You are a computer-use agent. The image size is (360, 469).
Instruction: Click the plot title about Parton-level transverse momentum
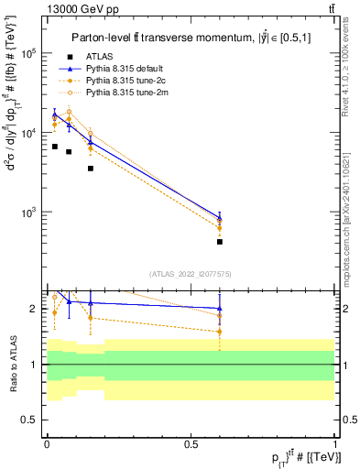click(188, 38)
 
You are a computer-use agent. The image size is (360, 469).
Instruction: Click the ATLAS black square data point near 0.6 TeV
click(220, 242)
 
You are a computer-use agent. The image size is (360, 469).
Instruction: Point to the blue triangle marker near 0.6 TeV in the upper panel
click(220, 218)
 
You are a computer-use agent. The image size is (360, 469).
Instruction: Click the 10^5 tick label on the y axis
click(28, 53)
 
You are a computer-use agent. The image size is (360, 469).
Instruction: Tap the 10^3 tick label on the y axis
click(28, 213)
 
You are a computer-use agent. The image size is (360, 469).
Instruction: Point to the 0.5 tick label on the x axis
click(191, 442)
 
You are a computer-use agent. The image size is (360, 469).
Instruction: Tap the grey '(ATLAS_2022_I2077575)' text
click(190, 273)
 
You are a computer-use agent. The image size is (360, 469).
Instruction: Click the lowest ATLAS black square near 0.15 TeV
click(91, 169)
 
